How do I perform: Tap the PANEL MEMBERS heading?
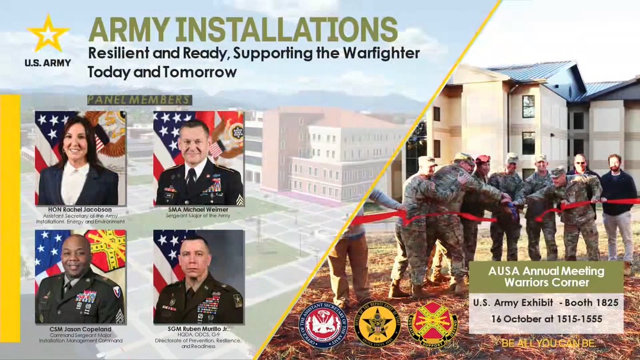(x=139, y=100)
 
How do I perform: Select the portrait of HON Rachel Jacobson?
(x=80, y=158)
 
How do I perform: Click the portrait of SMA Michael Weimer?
(x=199, y=158)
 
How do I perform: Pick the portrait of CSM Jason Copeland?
(x=80, y=277)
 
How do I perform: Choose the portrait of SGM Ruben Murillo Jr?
(x=199, y=277)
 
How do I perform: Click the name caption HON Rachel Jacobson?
(x=80, y=209)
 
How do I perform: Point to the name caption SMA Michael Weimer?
(x=198, y=209)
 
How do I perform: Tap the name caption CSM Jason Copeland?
(x=80, y=329)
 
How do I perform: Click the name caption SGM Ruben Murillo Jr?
(x=198, y=329)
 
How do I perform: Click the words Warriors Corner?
(x=546, y=282)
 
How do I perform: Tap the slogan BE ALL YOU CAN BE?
(x=548, y=344)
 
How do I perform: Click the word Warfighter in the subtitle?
(x=368, y=53)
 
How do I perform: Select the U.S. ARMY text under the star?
(x=47, y=63)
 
